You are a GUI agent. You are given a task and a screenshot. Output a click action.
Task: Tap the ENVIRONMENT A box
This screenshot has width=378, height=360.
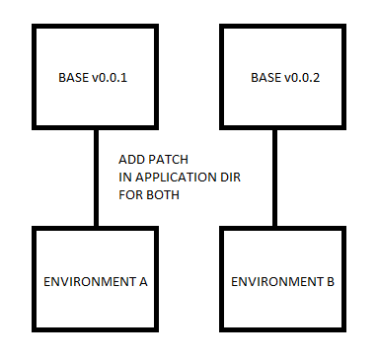click(x=96, y=281)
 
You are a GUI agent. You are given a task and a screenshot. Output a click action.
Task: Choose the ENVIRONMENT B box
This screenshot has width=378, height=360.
click(x=282, y=281)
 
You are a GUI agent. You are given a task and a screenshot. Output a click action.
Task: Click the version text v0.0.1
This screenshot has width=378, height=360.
click(x=113, y=77)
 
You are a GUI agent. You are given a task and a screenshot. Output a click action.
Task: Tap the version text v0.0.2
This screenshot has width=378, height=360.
click(x=300, y=77)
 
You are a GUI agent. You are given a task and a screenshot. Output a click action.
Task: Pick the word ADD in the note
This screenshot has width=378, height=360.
click(x=130, y=159)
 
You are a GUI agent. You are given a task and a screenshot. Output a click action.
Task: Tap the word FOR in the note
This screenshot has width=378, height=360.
click(x=129, y=194)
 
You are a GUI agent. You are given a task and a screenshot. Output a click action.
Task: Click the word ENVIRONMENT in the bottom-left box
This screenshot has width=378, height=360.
click(x=90, y=282)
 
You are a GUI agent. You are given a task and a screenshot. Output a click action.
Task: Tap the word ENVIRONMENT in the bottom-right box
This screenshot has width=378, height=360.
click(x=276, y=282)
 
